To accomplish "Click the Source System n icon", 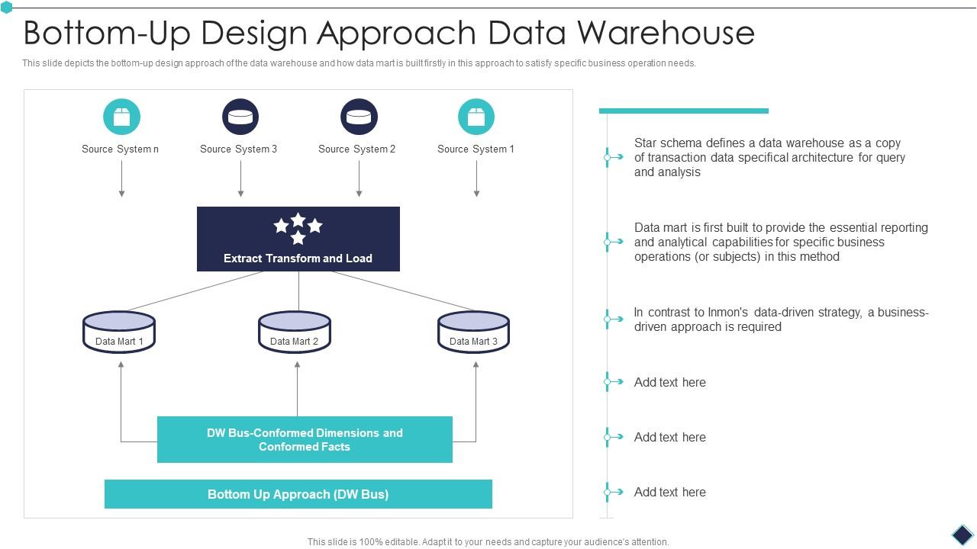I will (x=121, y=117).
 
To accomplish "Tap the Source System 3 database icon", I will (x=240, y=117).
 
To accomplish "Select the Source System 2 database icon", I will (x=359, y=117).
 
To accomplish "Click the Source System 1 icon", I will (x=476, y=117).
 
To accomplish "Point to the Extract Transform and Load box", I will (x=298, y=239).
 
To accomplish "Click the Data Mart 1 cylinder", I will (x=119, y=332).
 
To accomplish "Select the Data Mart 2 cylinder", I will (x=295, y=332).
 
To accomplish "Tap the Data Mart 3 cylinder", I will (x=473, y=332).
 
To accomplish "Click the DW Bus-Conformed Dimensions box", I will (x=305, y=439).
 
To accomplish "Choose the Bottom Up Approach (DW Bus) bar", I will (x=298, y=494).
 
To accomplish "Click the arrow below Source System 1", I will (x=476, y=179).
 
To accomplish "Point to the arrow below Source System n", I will (x=121, y=179).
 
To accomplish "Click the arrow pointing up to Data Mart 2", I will (x=297, y=387).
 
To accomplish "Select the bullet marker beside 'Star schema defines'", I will (x=608, y=157).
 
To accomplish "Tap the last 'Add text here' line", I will (x=669, y=492).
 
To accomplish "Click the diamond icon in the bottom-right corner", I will (x=962, y=534).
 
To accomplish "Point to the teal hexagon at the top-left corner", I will (x=7, y=8).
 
